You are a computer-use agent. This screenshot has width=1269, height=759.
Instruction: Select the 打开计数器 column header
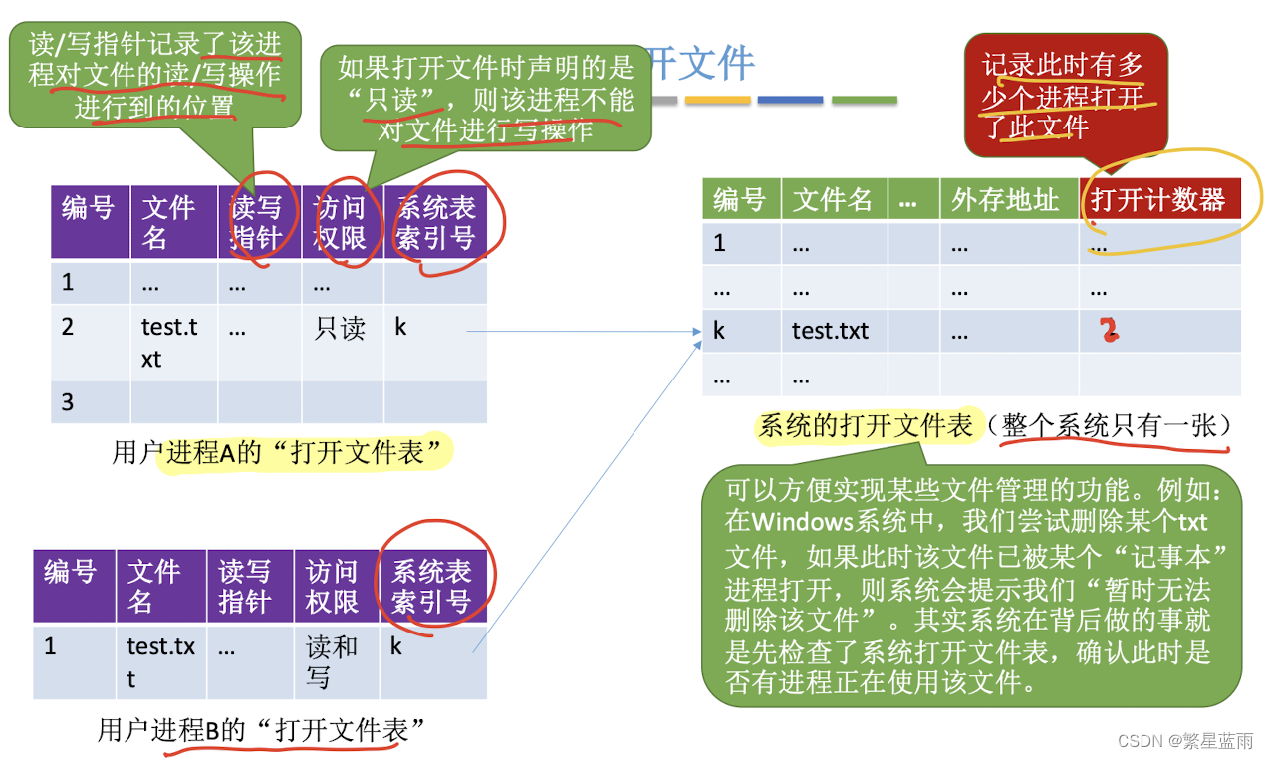pyautogui.click(x=1158, y=199)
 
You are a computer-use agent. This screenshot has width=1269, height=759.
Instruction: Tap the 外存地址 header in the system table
pyautogui.click(x=1005, y=199)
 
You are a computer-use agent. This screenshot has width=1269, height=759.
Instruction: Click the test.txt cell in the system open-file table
pyautogui.click(x=830, y=330)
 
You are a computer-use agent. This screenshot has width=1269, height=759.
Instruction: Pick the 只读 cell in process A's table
pyautogui.click(x=340, y=328)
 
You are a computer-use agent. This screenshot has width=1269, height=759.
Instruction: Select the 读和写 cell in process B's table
pyautogui.click(x=332, y=661)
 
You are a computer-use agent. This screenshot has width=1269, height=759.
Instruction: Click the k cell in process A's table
pyautogui.click(x=400, y=327)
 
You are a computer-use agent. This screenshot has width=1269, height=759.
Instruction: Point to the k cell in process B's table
pyautogui.click(x=395, y=646)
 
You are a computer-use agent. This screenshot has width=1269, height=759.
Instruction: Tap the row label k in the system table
pyautogui.click(x=719, y=330)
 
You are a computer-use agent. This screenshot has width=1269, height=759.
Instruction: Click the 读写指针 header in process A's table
pyautogui.click(x=256, y=222)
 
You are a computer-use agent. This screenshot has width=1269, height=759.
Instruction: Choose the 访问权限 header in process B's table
pyautogui.click(x=332, y=586)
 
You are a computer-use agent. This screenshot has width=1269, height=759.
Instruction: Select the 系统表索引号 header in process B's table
pyautogui.click(x=431, y=586)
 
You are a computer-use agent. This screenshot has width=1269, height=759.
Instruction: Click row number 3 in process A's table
pyautogui.click(x=68, y=402)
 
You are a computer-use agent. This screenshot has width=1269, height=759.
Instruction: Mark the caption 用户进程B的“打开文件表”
pyautogui.click(x=261, y=730)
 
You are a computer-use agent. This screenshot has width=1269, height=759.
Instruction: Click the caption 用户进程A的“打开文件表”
pyautogui.click(x=277, y=453)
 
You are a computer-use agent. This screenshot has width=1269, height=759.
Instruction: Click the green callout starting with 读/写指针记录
pyautogui.click(x=155, y=75)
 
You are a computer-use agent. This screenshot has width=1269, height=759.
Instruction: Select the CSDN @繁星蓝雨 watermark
pyautogui.click(x=1185, y=741)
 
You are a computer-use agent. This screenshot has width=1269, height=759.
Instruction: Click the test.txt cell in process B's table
pyautogui.click(x=160, y=661)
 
